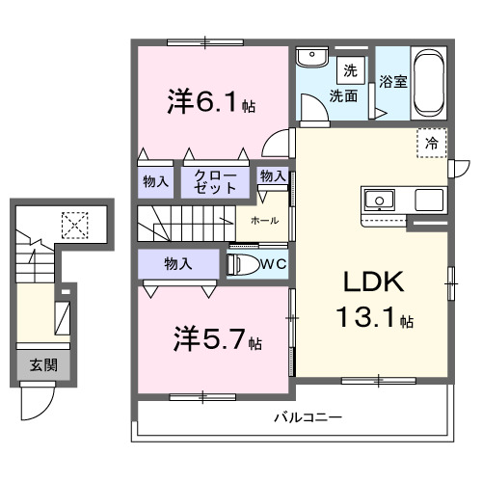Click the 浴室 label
392,82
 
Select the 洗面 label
344,95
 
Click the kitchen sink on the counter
378,201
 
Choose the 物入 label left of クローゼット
156,180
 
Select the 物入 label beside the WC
175,263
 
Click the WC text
272,262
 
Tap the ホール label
264,221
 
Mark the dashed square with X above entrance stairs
72,225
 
